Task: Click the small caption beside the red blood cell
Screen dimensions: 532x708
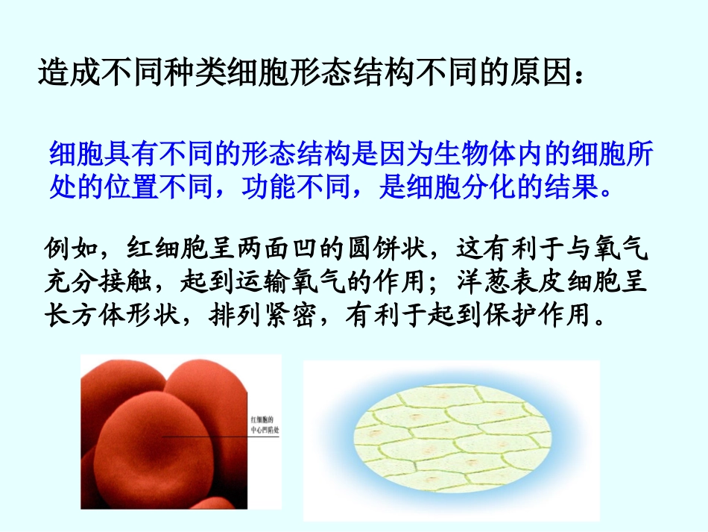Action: point(265,424)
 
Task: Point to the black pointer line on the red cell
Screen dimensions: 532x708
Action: point(216,436)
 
